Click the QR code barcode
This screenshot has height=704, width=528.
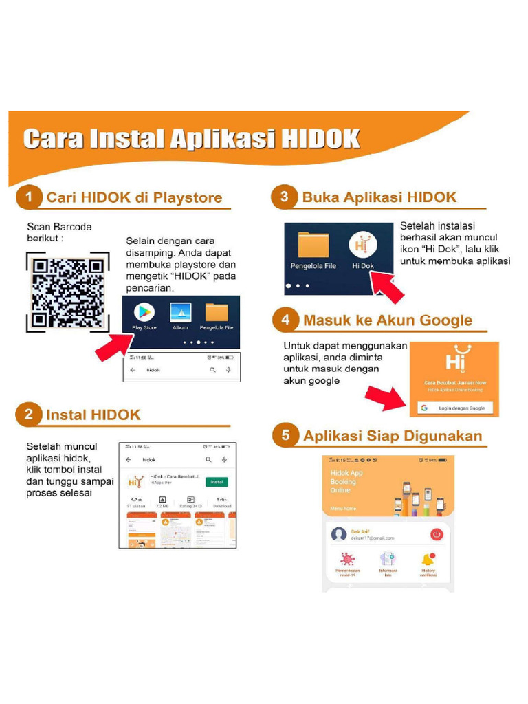pos(67,292)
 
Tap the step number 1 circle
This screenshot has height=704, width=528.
pos(30,198)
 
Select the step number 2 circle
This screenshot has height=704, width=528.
pos(29,414)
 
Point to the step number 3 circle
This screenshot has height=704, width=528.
pos(285,198)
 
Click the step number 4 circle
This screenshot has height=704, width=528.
pos(285,320)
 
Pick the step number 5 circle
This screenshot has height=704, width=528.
pos(285,435)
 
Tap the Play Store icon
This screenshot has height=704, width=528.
pos(144,312)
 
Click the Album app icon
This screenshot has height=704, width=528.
pos(180,312)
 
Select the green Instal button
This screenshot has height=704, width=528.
pos(217,482)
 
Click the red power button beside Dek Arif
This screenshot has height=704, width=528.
pos(437,534)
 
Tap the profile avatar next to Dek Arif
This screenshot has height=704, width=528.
pos(338,534)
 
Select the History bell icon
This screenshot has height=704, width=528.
pos(429,559)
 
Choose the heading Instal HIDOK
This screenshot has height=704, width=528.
pos(93,415)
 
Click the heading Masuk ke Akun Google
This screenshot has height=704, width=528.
pos(388,320)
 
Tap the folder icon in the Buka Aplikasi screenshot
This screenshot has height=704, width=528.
pos(313,246)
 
